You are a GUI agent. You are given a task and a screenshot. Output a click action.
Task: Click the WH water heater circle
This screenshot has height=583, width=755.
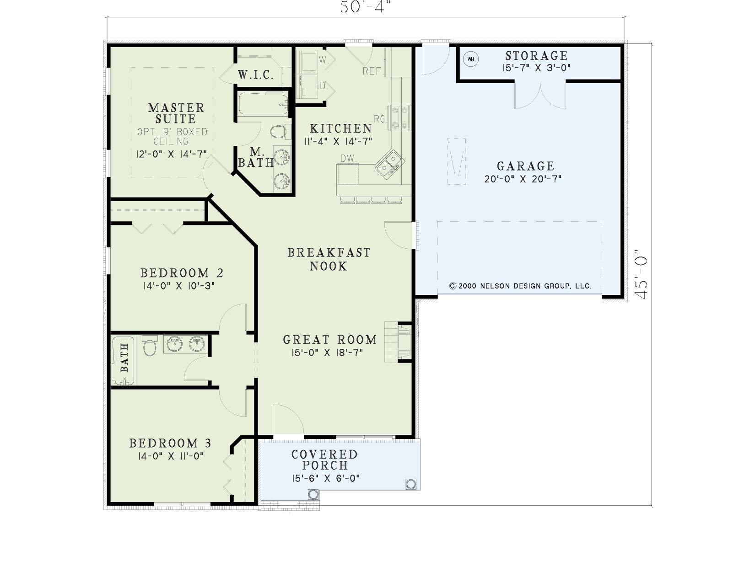pos(470,59)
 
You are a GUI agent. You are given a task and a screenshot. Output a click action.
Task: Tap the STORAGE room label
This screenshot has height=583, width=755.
pos(536,56)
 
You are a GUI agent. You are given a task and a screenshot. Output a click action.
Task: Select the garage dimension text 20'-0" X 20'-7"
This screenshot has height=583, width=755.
pos(523,179)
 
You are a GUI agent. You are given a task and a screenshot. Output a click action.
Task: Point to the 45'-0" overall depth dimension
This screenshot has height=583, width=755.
pos(641,274)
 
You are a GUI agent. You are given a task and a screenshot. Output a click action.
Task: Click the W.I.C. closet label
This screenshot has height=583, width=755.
pos(256,75)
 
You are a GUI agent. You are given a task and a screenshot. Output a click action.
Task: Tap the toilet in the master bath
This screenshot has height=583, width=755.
pos(279,132)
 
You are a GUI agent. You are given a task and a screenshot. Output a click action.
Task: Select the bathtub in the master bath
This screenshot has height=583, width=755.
pos(264,103)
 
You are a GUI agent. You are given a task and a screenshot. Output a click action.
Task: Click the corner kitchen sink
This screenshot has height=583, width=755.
pos(389,165)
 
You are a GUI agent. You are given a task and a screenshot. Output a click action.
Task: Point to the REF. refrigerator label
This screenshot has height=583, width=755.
pos(373,71)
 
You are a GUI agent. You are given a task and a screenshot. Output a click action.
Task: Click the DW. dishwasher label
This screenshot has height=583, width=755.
pos(349,159)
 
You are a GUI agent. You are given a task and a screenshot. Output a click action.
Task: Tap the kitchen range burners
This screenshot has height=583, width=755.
pos(399,118)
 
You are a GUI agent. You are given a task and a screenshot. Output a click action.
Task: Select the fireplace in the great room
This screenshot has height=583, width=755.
pos(398,342)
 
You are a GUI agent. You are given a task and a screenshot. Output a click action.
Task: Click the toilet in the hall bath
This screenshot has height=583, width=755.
pos(150,345)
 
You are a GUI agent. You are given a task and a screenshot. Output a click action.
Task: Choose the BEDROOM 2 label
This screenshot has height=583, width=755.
pos(182,273)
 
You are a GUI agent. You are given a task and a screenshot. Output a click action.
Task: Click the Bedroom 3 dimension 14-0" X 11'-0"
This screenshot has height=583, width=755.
pos(171,455)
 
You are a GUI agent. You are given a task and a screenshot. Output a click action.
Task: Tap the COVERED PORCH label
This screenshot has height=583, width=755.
pos(324,460)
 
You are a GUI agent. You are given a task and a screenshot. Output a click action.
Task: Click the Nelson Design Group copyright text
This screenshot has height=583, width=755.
pos(520,286)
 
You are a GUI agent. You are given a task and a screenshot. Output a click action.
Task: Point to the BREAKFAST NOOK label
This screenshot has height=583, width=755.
pos(329,259)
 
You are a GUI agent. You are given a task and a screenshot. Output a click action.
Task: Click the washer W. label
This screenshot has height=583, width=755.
pos(323,60)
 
